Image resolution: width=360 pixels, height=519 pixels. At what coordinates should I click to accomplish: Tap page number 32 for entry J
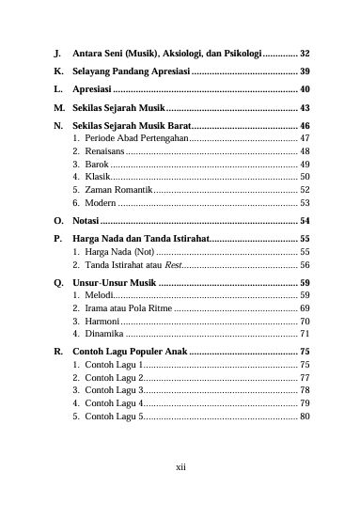(305, 54)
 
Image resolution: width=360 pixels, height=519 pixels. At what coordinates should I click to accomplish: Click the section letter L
(58, 89)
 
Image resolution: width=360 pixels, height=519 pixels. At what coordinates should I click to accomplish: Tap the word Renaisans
(104, 151)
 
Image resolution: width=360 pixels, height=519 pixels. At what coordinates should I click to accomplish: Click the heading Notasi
(86, 220)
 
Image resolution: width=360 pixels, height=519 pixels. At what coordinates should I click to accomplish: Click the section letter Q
(59, 282)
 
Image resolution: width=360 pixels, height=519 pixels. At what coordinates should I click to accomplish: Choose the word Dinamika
(104, 334)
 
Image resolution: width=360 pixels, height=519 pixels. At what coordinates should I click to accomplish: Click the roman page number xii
(181, 464)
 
